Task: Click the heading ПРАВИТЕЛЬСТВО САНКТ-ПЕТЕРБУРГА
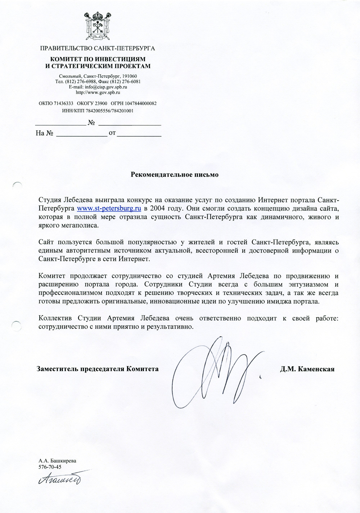tap(97, 48)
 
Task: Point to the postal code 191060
tap(129, 76)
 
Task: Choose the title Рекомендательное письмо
tap(174, 174)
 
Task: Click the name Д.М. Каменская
tap(307, 369)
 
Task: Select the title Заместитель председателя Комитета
tap(98, 369)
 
